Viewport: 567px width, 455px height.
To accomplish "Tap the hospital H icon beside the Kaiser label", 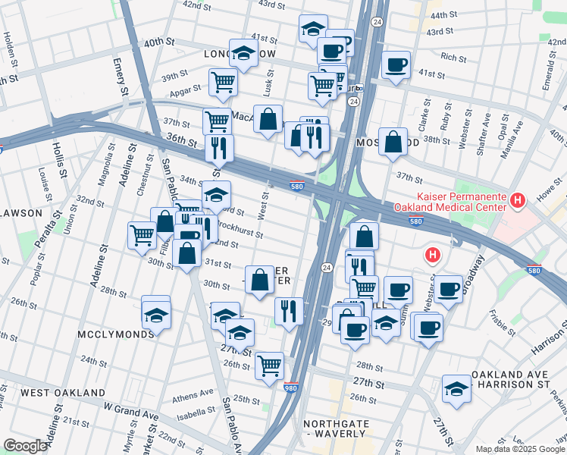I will click(x=518, y=200).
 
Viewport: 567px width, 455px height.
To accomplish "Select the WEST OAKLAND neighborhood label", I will click(x=63, y=393).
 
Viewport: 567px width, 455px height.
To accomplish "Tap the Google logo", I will click(x=25, y=447).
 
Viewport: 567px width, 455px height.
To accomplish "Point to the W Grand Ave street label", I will click(x=131, y=413).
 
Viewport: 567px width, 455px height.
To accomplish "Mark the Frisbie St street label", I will click(x=503, y=318).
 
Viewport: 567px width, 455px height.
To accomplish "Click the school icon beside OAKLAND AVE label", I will click(x=456, y=388).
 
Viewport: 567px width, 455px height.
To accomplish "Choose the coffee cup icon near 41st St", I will click(x=396, y=65).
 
